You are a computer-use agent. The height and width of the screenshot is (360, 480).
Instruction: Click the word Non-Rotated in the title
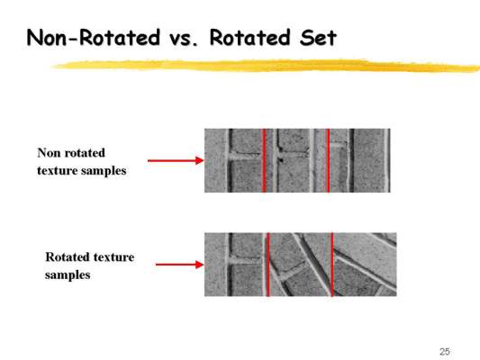click(x=94, y=38)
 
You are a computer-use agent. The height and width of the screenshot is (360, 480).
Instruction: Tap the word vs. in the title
click(x=184, y=40)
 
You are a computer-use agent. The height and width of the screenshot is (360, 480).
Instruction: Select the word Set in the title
click(x=319, y=38)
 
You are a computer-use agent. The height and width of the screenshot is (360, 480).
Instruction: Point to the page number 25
click(x=445, y=351)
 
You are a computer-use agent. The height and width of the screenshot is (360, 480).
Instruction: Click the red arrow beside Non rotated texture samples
click(x=176, y=160)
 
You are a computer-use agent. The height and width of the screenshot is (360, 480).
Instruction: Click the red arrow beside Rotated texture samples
click(x=180, y=265)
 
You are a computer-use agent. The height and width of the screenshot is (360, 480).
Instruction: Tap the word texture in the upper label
click(x=56, y=170)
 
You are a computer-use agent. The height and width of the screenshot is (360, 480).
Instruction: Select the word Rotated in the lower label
click(x=66, y=256)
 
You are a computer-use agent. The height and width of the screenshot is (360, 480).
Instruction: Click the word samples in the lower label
click(x=68, y=274)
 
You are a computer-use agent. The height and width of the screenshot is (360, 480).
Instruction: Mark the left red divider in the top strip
click(x=264, y=160)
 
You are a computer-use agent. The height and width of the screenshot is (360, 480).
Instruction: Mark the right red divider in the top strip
click(x=329, y=160)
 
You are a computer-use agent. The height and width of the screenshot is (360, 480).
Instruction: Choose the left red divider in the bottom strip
click(x=268, y=265)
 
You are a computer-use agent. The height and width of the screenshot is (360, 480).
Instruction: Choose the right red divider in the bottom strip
click(x=332, y=265)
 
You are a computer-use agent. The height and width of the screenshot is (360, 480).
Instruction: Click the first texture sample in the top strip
click(x=233, y=160)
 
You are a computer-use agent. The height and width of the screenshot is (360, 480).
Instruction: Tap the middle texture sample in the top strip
click(x=296, y=160)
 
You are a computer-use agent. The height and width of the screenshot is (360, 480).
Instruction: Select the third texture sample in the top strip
click(x=360, y=160)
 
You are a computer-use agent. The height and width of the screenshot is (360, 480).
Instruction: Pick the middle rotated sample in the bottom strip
click(x=300, y=265)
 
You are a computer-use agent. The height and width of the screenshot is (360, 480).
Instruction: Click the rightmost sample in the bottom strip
click(x=365, y=265)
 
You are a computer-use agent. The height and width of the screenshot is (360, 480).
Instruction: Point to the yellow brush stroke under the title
click(x=266, y=66)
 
